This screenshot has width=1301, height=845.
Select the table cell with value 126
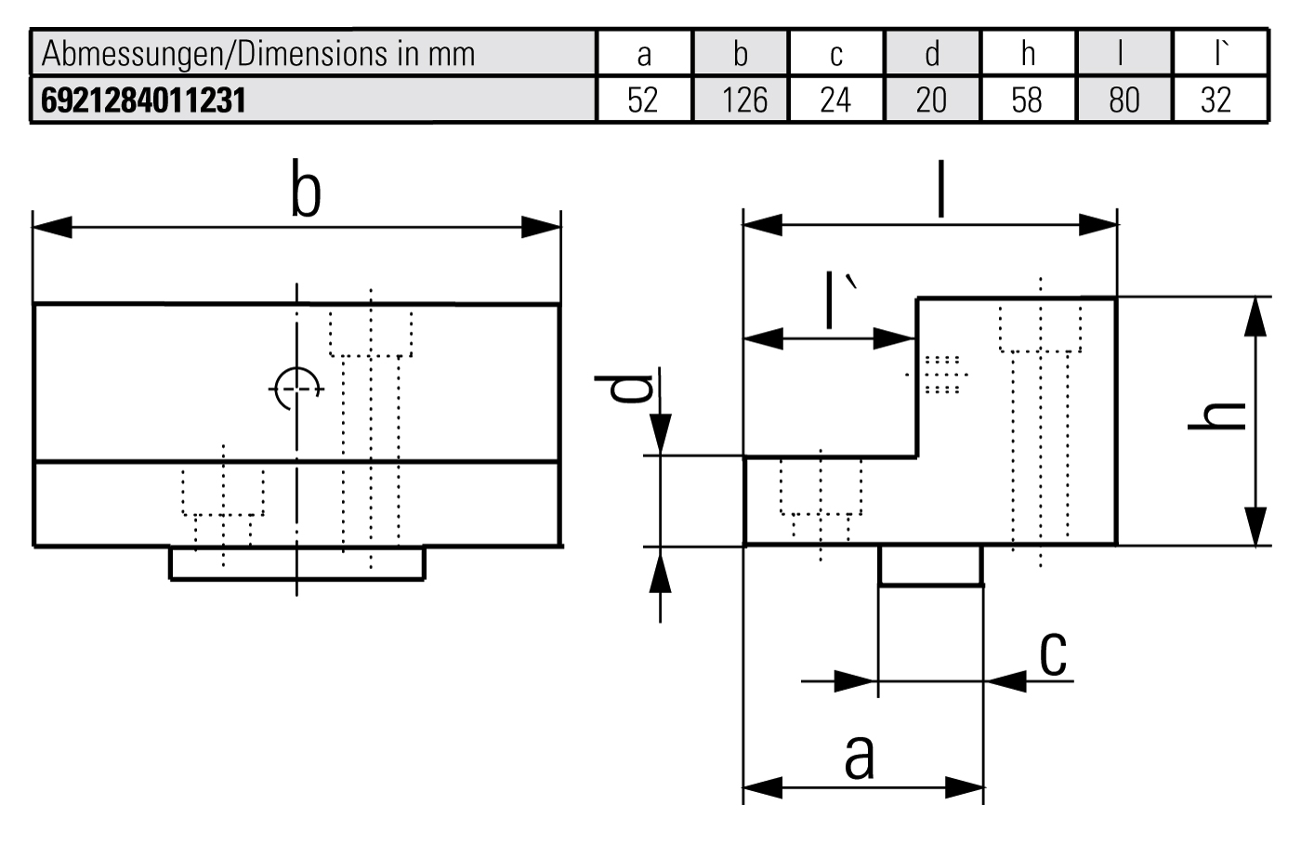(x=743, y=99)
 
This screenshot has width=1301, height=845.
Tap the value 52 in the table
(x=642, y=99)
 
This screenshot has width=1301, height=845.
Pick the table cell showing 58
(x=1027, y=99)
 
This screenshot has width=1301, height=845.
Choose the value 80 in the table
(x=1124, y=99)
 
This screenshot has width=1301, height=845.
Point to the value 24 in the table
(x=835, y=99)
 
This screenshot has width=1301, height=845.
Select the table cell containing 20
(x=931, y=99)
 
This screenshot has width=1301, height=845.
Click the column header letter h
(x=1027, y=54)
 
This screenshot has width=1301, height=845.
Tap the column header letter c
(x=835, y=54)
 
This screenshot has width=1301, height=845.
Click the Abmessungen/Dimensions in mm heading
(x=258, y=54)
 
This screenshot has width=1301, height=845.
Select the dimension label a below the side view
(x=860, y=755)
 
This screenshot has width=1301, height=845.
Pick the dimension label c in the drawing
(x=1052, y=653)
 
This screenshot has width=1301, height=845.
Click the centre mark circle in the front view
(x=296, y=388)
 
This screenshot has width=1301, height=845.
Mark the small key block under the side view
(x=930, y=565)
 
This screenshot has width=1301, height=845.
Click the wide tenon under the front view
(x=296, y=562)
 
